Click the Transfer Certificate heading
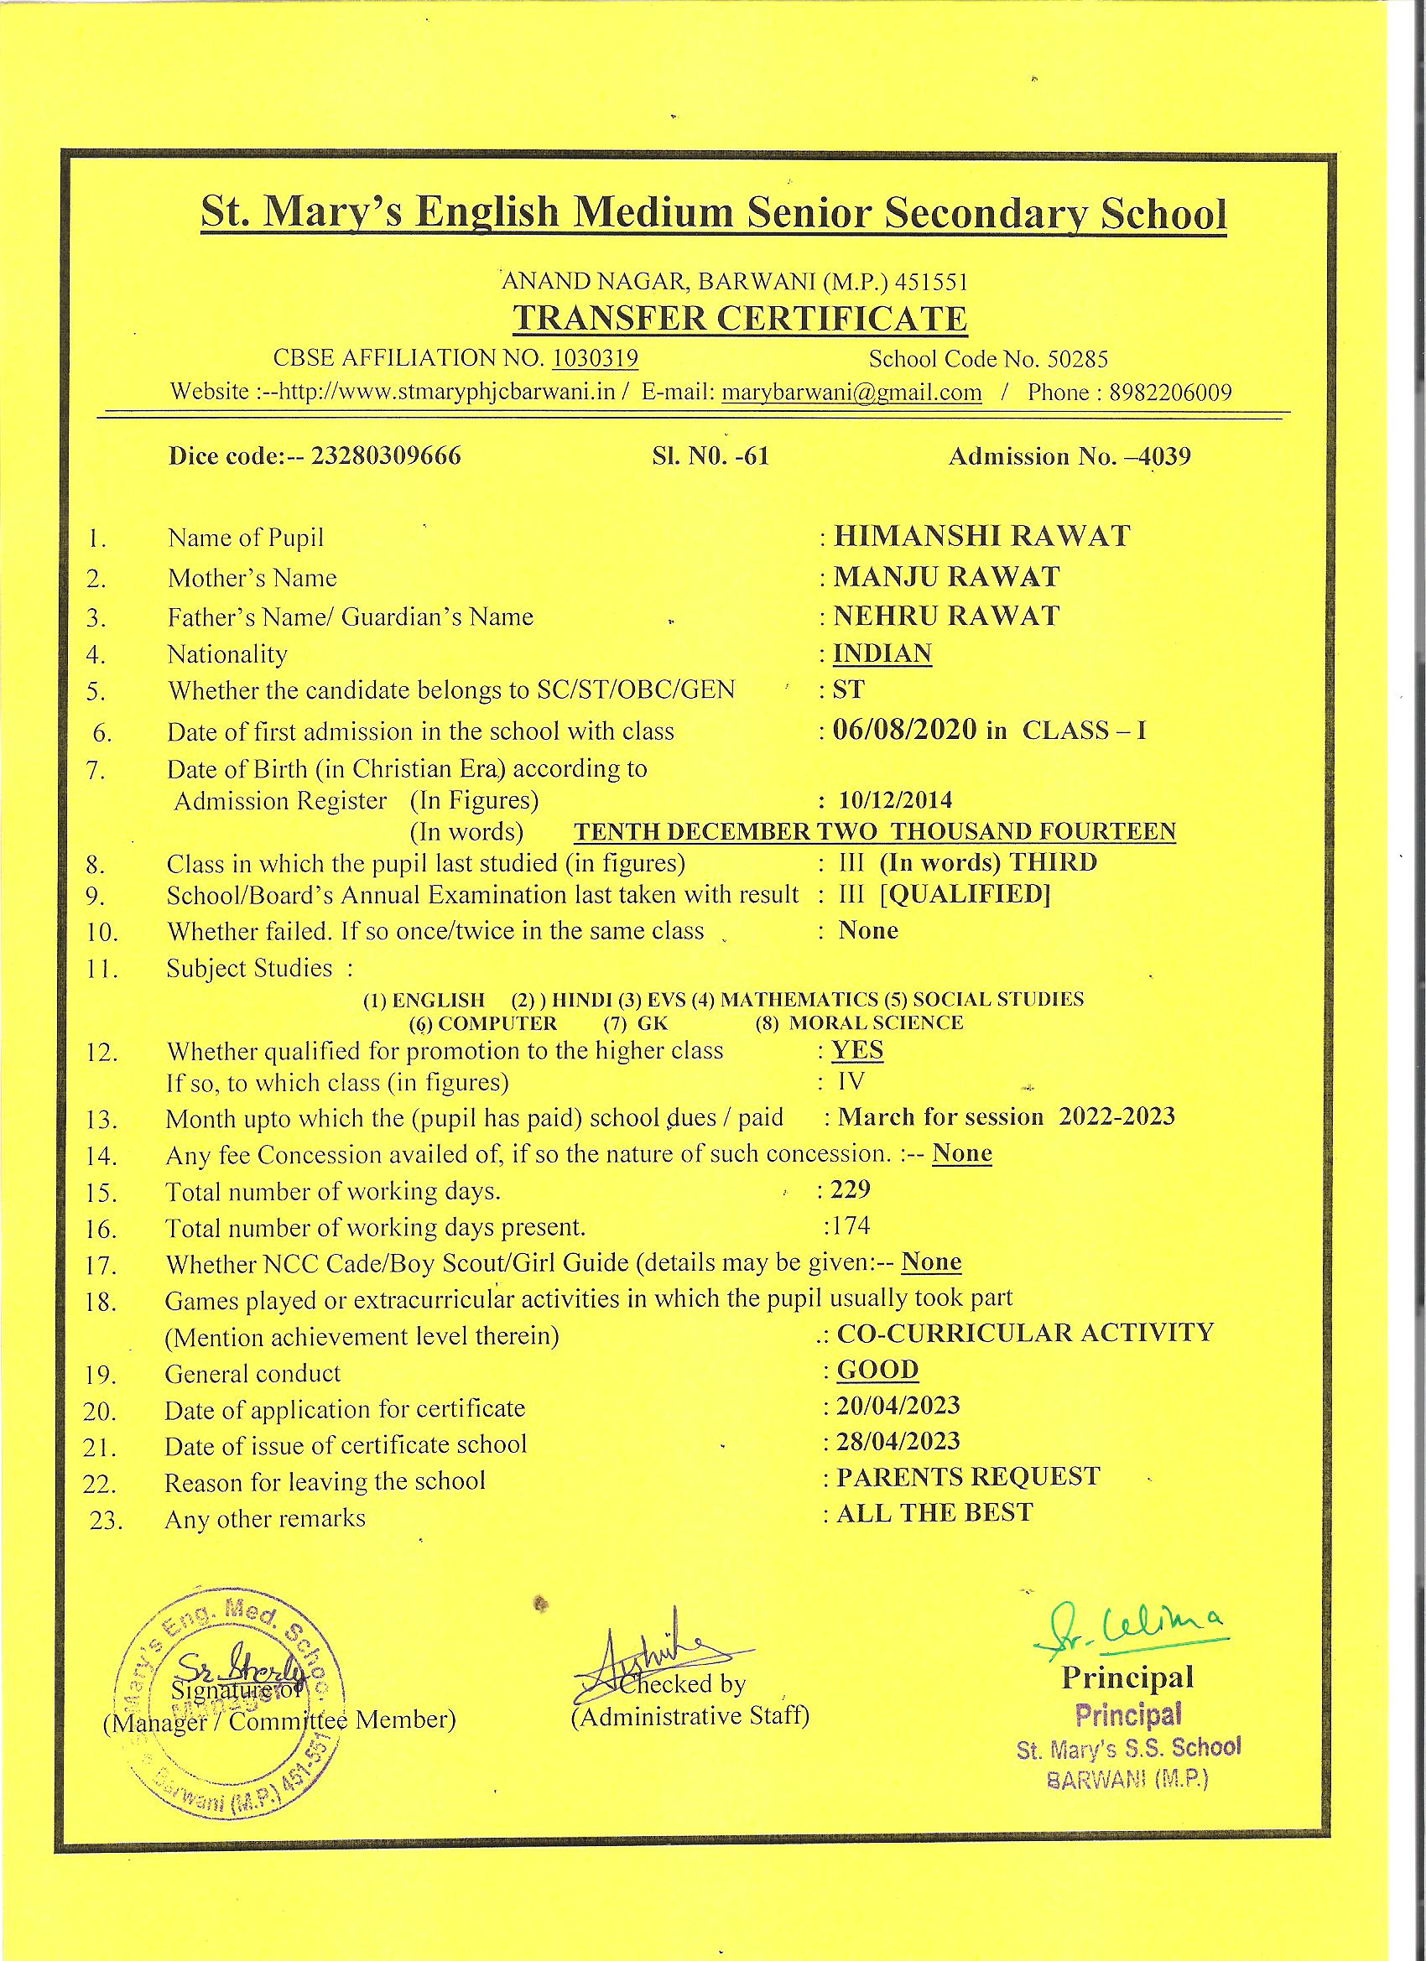tap(739, 318)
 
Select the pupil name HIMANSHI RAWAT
tap(981, 536)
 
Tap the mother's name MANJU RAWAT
tap(946, 576)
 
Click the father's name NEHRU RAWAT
tap(946, 616)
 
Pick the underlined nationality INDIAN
tap(882, 653)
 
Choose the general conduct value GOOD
tap(877, 1370)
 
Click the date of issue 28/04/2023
tap(898, 1441)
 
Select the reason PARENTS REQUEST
tap(968, 1477)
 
